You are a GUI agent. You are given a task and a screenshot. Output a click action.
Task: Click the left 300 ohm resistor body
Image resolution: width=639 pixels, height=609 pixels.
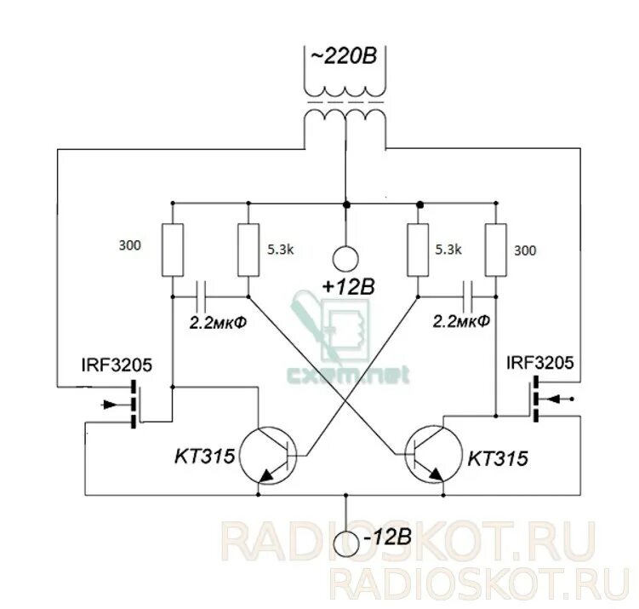173,250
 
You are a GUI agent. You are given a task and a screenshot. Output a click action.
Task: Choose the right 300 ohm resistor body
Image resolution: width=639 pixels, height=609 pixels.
494,250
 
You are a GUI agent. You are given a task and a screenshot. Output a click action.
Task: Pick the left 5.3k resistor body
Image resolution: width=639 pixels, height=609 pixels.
248,250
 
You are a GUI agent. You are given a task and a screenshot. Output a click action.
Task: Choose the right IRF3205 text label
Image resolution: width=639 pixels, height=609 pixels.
539,365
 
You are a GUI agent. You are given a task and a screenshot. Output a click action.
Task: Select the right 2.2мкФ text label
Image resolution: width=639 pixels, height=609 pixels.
462,321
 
